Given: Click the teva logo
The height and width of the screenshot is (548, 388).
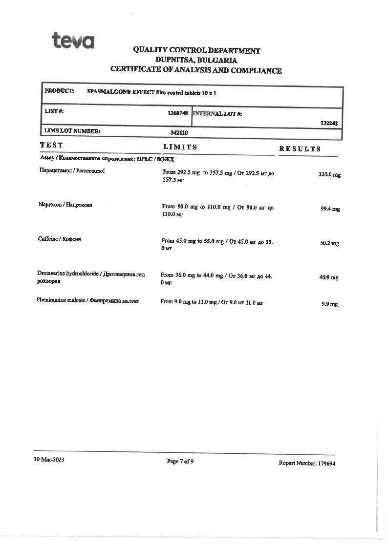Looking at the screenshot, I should click(x=73, y=41).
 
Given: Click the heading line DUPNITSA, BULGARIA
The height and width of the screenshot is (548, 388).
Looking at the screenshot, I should click(x=196, y=60).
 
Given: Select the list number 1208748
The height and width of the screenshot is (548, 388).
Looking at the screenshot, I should click(x=178, y=113).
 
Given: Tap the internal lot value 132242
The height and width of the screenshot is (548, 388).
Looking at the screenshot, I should click(x=329, y=124).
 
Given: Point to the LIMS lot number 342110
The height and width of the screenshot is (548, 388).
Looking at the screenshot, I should click(x=179, y=132).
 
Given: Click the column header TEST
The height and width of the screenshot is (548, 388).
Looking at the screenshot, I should click(x=51, y=145).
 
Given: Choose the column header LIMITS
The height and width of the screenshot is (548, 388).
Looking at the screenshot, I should click(x=180, y=147).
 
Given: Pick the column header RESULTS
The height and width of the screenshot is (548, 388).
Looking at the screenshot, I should click(x=300, y=149).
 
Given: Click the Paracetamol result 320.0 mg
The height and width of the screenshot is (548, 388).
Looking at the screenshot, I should click(x=329, y=174).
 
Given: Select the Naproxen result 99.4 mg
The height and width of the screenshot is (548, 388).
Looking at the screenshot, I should click(x=330, y=209).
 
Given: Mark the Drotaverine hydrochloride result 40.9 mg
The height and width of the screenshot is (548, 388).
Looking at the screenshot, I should click(x=328, y=277).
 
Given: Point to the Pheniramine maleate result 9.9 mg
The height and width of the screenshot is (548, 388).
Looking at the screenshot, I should click(x=329, y=304).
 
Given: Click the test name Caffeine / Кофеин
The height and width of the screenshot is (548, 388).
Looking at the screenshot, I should click(x=60, y=239).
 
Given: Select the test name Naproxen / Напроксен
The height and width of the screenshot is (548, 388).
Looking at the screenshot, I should click(x=65, y=205).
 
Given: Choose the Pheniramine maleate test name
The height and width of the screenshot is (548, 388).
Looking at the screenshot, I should click(x=87, y=301).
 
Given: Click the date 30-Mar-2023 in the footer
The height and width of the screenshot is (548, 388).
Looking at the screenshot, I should click(x=48, y=460).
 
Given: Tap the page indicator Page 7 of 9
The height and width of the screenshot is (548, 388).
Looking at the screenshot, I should click(x=180, y=461).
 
